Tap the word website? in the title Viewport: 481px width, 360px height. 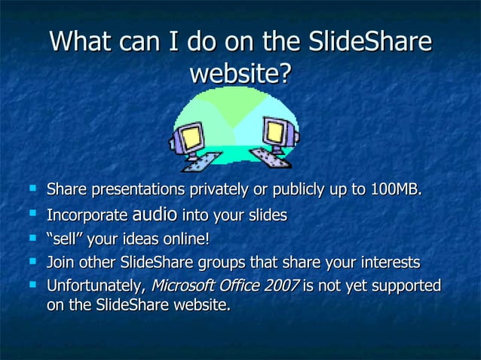[240, 74]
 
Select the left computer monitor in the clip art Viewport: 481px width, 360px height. [189, 137]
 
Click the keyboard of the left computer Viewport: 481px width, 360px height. [200, 160]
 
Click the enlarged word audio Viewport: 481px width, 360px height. [155, 215]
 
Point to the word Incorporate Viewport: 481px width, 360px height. [87, 216]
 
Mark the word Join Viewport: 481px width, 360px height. [60, 263]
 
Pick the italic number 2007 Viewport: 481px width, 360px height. [280, 286]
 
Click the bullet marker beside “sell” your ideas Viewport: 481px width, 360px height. [31, 240]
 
